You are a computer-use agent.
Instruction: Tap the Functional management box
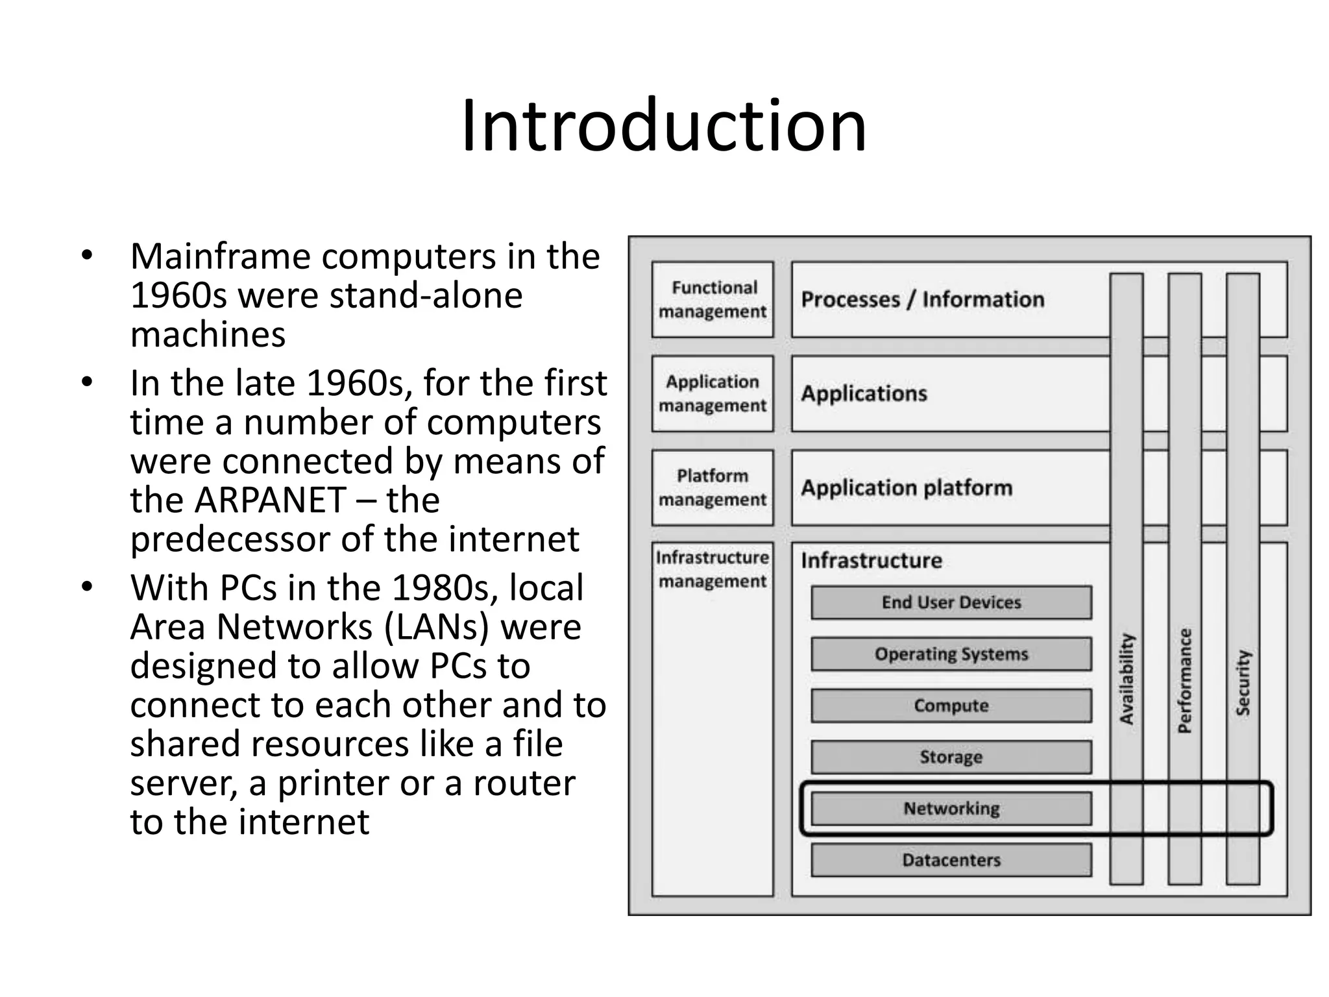click(x=713, y=299)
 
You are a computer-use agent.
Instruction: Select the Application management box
click(x=713, y=393)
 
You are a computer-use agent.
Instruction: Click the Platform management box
click(x=713, y=487)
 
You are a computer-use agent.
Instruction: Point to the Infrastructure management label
click(x=713, y=569)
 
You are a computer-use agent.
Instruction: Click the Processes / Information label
click(x=922, y=299)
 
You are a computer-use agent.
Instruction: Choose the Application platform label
click(x=906, y=487)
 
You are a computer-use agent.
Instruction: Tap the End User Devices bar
click(x=951, y=602)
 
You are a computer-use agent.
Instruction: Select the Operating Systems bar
click(x=951, y=654)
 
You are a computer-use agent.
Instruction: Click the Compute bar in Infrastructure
click(x=951, y=706)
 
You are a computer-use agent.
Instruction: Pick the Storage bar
click(x=951, y=757)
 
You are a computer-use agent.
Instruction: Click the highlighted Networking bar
click(x=951, y=809)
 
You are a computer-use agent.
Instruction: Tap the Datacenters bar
click(x=951, y=860)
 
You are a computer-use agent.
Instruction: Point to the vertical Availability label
click(x=1127, y=678)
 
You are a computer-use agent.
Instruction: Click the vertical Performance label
click(x=1185, y=680)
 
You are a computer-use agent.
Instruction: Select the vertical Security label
click(x=1243, y=683)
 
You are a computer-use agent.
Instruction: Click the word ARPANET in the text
click(x=270, y=500)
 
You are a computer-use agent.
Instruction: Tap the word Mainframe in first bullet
click(x=221, y=257)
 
